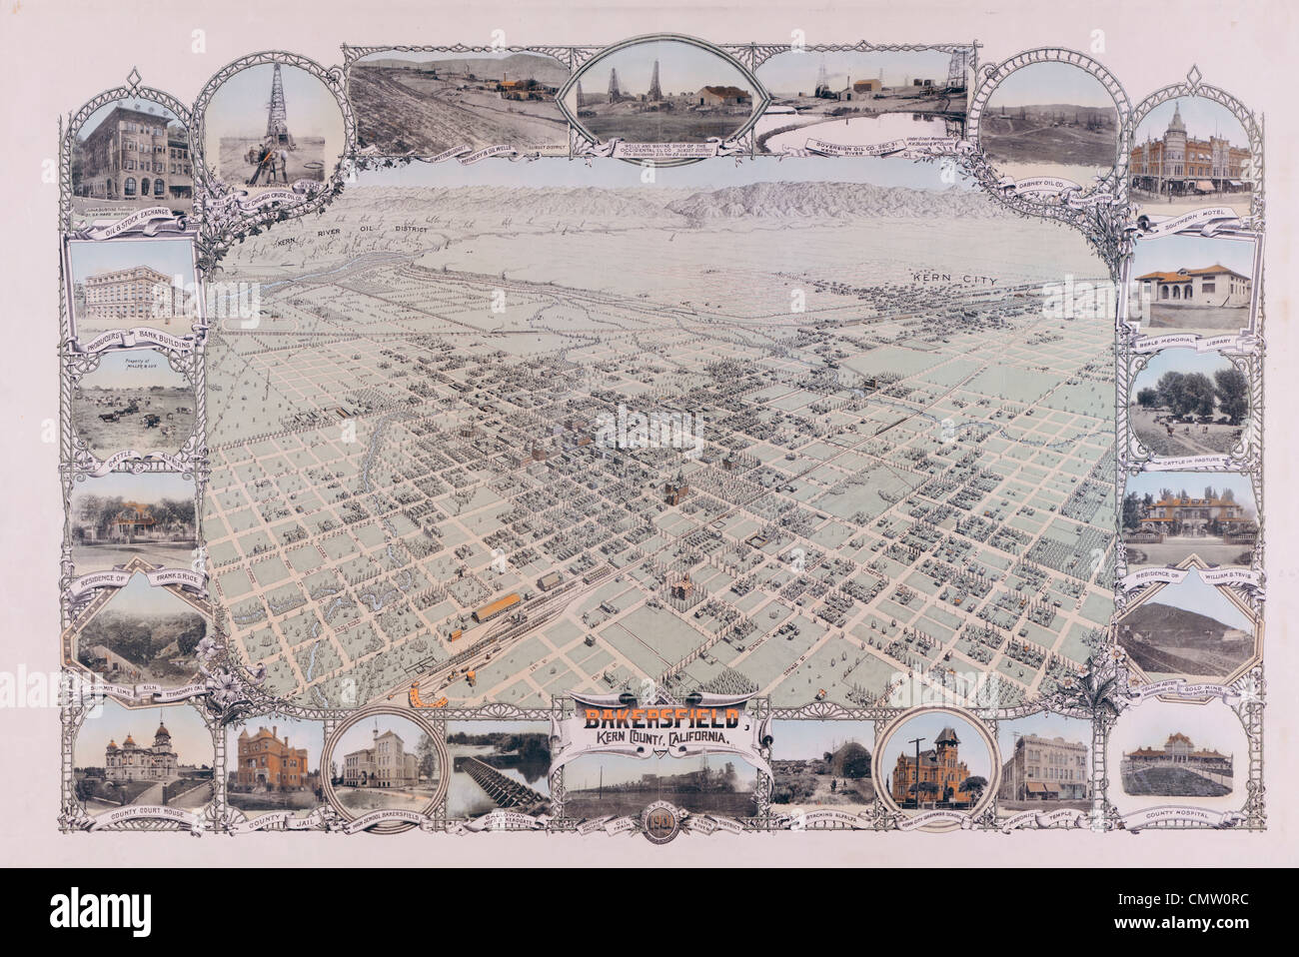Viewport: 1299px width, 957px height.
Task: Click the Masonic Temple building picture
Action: [1043, 767]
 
